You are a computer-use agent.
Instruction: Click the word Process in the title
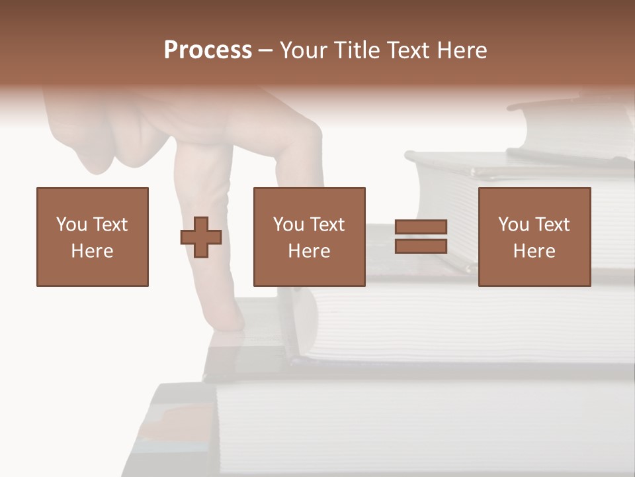click(208, 50)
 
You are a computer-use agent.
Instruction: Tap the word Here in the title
click(461, 50)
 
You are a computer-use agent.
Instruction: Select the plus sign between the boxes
click(201, 237)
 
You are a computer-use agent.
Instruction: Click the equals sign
click(421, 237)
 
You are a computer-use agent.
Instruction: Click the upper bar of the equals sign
click(421, 227)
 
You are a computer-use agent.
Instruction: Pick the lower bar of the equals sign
click(421, 246)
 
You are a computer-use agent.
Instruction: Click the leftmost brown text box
click(93, 237)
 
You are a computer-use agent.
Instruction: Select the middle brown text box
click(310, 237)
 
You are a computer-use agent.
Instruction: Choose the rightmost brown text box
click(534, 237)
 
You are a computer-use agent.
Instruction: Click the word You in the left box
click(71, 225)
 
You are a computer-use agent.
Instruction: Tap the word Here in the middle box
click(310, 251)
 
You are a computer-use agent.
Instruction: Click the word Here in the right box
click(534, 251)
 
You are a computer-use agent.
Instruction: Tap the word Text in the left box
click(109, 225)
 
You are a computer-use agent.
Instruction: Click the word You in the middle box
click(288, 225)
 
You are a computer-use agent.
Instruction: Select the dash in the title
click(266, 50)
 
